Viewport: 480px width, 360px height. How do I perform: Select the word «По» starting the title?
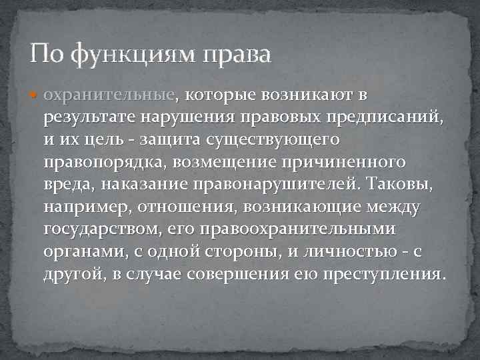pos(46,53)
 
